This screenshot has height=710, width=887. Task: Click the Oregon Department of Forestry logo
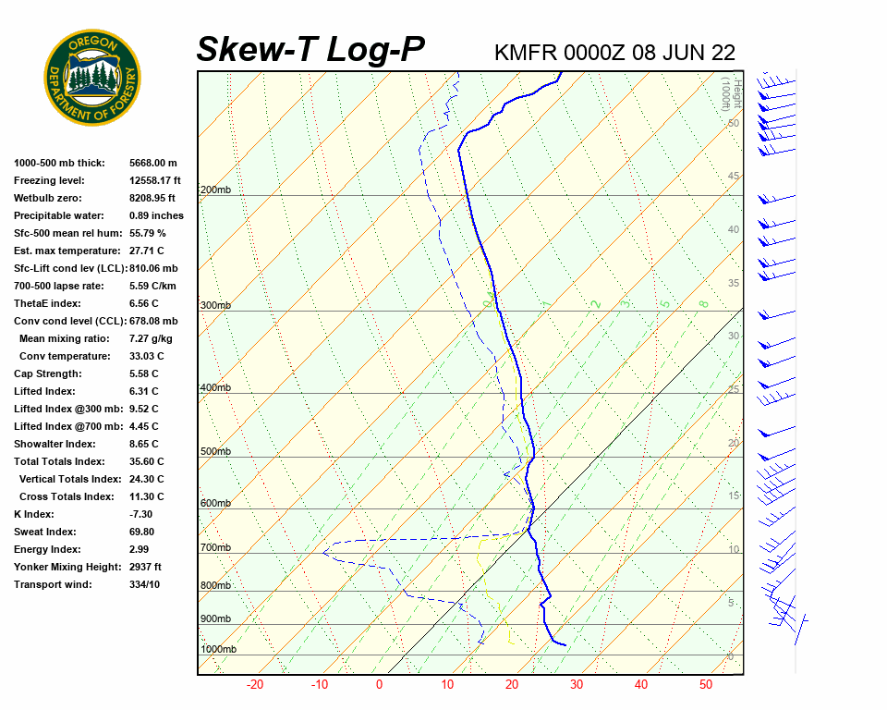(x=92, y=78)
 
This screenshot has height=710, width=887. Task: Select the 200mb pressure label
(x=215, y=190)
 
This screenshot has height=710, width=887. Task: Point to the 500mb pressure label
(x=215, y=452)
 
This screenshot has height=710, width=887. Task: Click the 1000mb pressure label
(x=218, y=650)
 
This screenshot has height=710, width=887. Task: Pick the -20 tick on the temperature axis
(x=255, y=685)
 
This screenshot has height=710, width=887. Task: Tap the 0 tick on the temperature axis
(x=379, y=685)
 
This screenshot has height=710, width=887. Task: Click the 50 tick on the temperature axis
(x=706, y=685)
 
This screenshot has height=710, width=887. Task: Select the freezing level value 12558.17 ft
(x=155, y=180)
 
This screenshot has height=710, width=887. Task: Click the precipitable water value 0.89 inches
(x=156, y=215)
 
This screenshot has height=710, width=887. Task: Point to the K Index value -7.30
(x=140, y=514)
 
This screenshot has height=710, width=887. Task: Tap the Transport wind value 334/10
(x=144, y=584)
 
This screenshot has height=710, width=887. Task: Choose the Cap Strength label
(x=47, y=373)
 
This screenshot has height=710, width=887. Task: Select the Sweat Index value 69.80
(x=141, y=532)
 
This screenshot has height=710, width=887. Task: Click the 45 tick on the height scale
(x=734, y=177)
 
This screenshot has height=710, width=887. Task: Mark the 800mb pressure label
(x=215, y=586)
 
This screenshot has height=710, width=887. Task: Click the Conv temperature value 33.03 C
(x=146, y=356)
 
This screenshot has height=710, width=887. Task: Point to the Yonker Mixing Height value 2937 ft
(x=145, y=567)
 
